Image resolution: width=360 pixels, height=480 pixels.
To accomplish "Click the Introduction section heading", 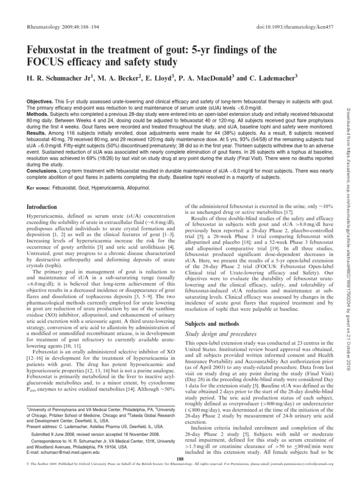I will pos(41,206).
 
